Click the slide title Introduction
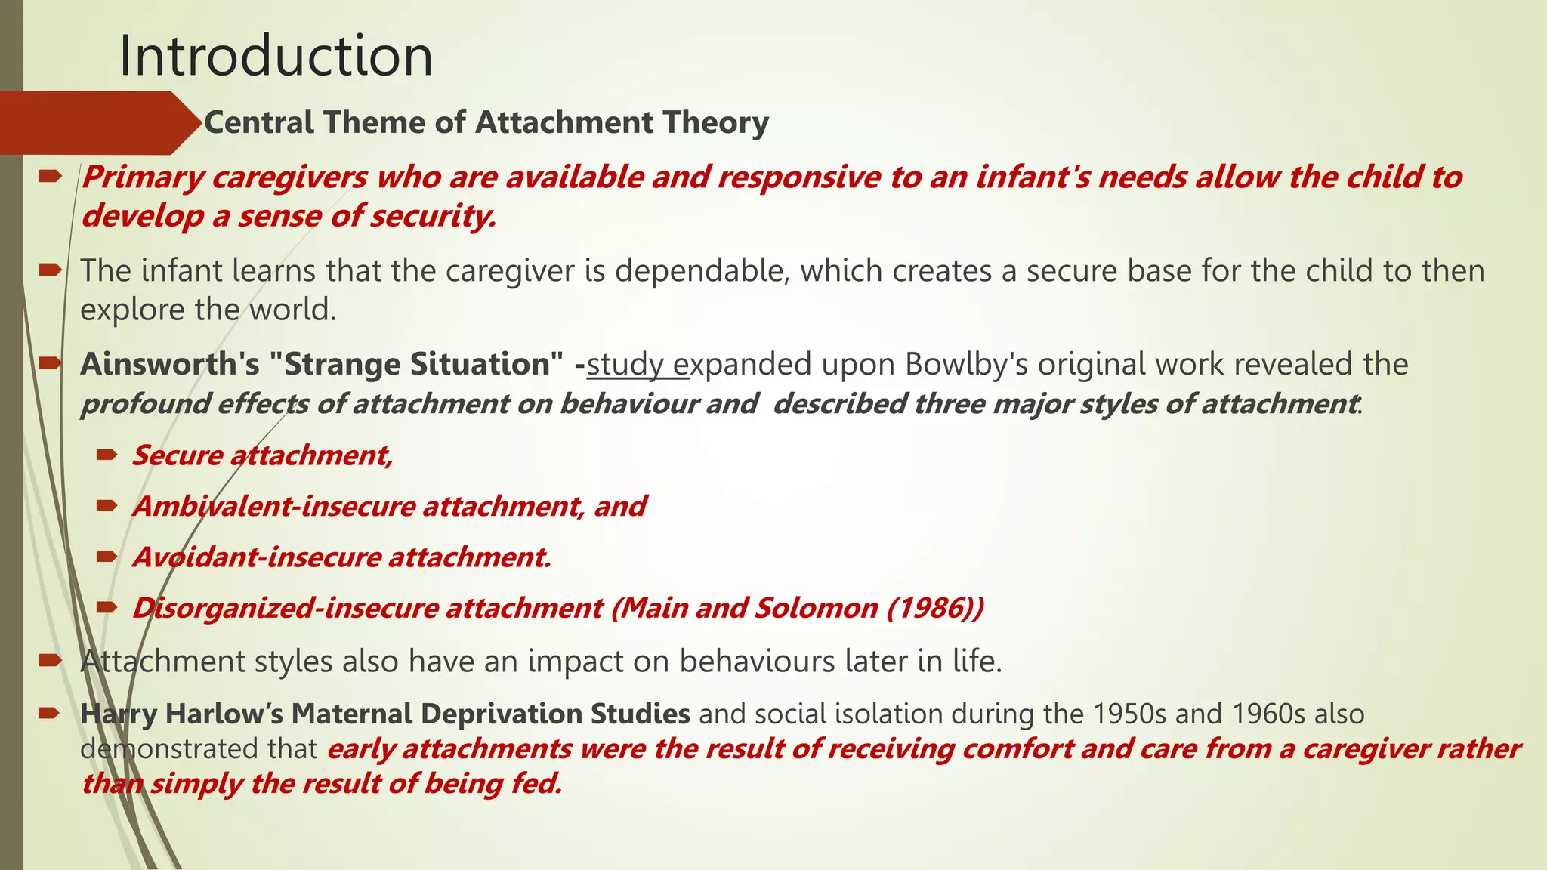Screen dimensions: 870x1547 point(276,56)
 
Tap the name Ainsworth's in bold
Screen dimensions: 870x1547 point(169,365)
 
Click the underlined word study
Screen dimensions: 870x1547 point(625,365)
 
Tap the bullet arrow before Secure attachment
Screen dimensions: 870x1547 point(107,455)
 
